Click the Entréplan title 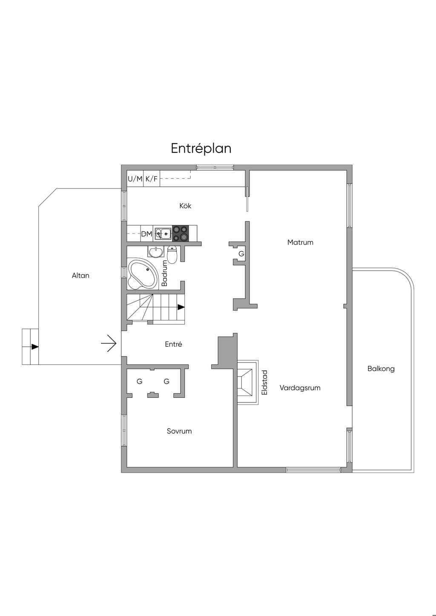coord(201,149)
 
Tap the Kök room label coord(185,206)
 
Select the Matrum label coord(300,242)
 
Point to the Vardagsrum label coord(300,388)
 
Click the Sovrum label coord(179,431)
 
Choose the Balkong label coord(381,369)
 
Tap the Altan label coord(80,275)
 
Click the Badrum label coord(165,273)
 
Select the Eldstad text coord(264,382)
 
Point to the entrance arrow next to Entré coord(109,343)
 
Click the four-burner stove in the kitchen coord(181,234)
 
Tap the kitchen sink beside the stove coord(163,234)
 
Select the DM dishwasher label coord(147,234)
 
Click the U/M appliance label coord(135,179)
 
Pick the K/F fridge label coord(152,179)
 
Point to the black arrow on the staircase coord(181,307)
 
